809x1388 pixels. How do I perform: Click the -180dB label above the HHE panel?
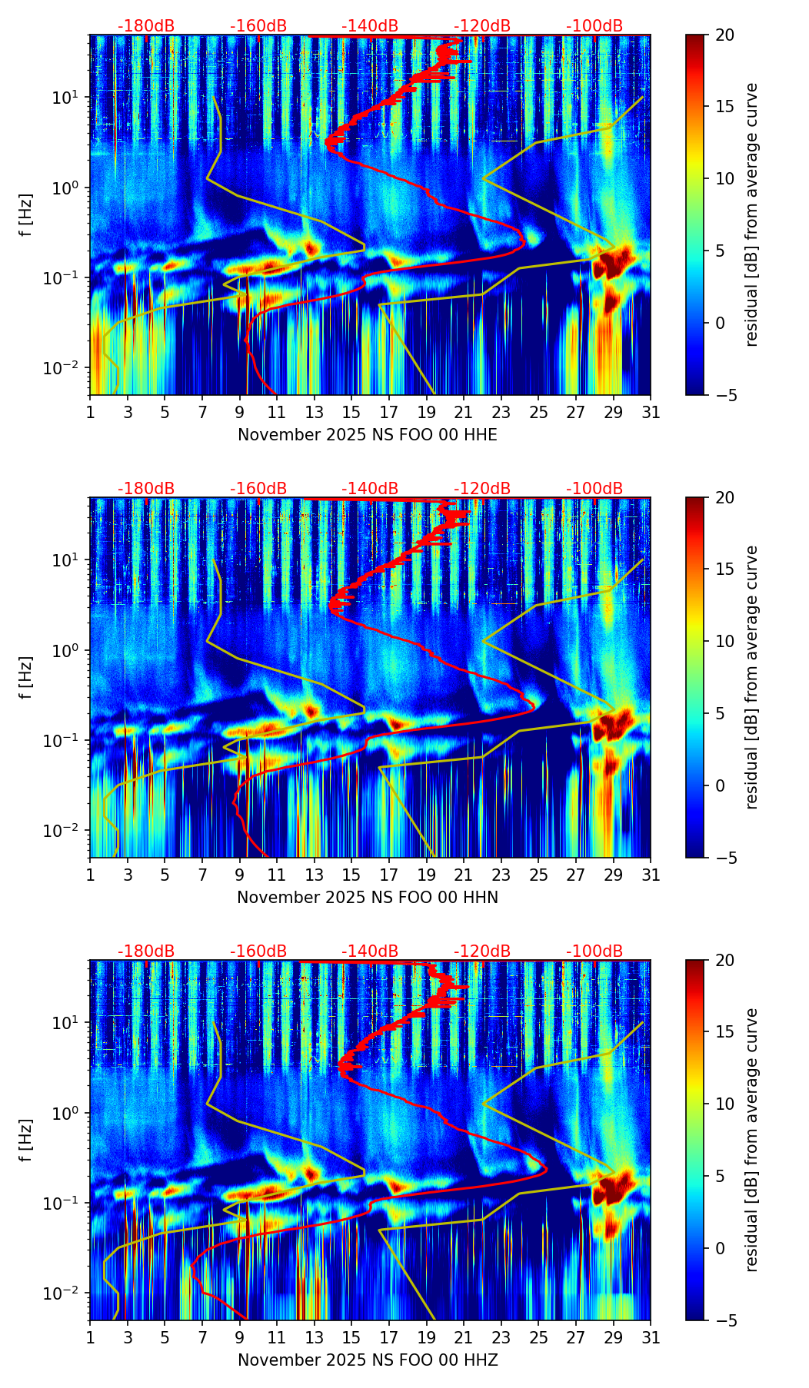point(146,26)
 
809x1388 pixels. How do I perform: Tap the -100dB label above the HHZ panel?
point(594,951)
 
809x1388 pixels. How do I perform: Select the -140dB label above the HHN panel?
point(370,489)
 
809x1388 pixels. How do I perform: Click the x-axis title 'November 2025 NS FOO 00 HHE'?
point(367,435)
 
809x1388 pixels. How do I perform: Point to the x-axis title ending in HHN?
point(367,898)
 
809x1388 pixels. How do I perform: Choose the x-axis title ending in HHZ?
point(367,1360)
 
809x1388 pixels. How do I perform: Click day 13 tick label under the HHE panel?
point(314,413)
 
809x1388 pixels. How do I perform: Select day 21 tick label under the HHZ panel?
point(464,1338)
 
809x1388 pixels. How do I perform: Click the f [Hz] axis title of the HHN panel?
point(26,677)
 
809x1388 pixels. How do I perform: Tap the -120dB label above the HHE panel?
point(482,26)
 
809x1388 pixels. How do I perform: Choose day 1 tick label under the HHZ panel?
point(90,1338)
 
